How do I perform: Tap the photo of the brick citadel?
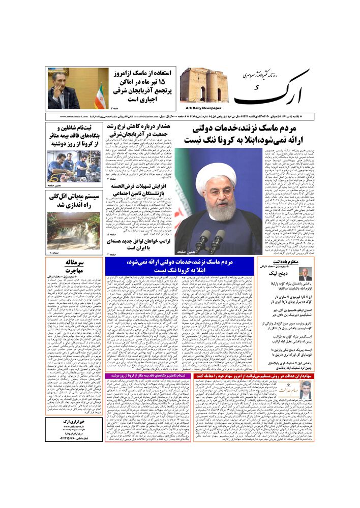click(203, 85)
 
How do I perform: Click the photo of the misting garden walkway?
click(74, 231)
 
